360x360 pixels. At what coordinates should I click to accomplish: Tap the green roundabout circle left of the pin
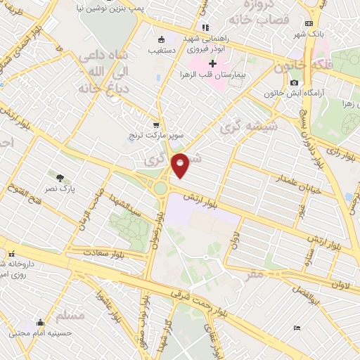(160, 188)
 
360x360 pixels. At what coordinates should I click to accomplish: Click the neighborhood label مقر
(255, 274)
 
